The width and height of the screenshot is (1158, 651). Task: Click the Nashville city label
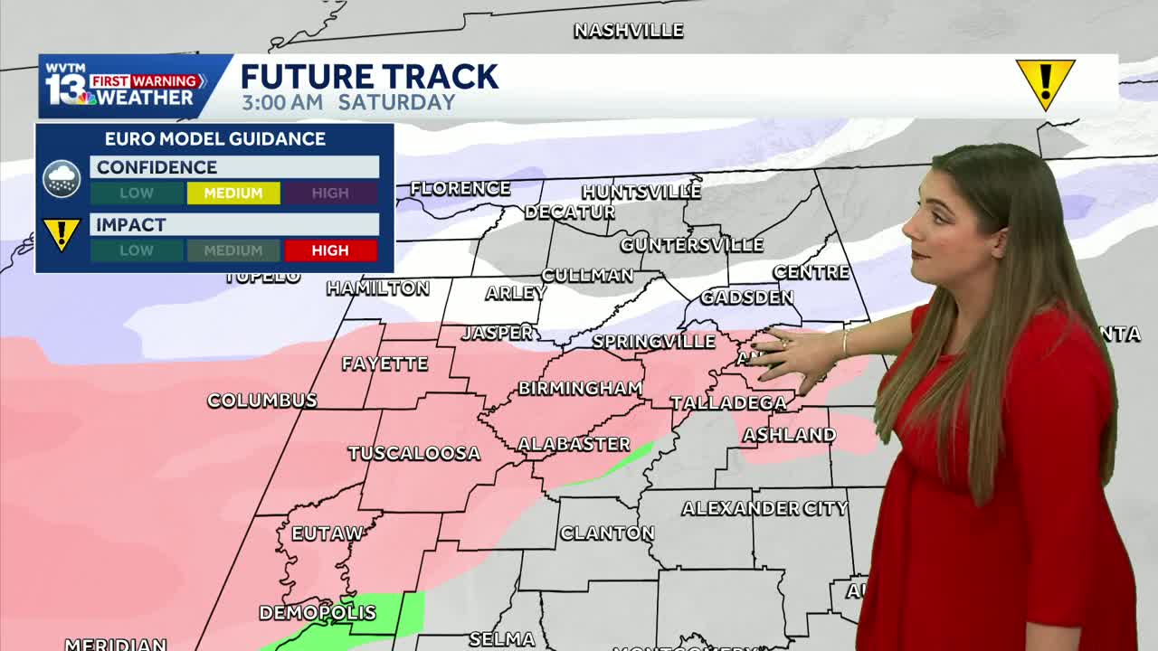(x=629, y=31)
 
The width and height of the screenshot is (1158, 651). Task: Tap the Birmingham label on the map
(x=580, y=388)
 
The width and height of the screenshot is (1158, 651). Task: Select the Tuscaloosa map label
(x=413, y=453)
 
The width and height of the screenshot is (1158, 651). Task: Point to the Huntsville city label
(x=641, y=192)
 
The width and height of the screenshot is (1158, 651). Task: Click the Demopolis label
(x=318, y=613)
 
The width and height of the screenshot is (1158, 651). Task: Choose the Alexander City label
(x=764, y=508)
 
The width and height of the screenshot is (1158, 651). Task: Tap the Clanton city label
(x=606, y=533)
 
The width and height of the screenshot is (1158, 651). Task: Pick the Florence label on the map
(x=460, y=188)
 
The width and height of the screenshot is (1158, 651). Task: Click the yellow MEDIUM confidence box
(x=233, y=193)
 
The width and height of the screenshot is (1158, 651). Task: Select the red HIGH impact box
(x=330, y=250)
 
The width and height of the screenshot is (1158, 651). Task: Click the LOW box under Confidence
(x=137, y=193)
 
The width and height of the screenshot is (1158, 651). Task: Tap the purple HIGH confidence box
(x=330, y=193)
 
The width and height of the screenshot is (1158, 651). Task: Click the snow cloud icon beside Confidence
(x=62, y=179)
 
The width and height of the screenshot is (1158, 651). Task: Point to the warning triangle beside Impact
(x=62, y=235)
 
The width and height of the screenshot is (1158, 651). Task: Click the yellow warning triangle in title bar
(x=1045, y=82)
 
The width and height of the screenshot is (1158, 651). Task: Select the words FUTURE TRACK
(x=369, y=76)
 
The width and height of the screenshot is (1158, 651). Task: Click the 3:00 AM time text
(x=281, y=102)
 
